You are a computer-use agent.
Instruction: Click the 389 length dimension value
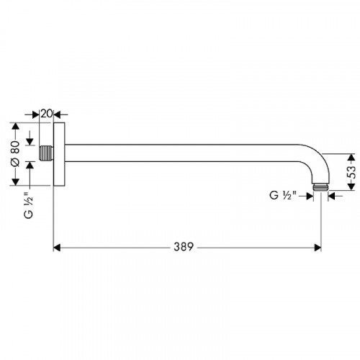coord(184,247)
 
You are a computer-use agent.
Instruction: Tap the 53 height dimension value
coord(352,172)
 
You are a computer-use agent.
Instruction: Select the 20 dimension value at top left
coord(46,114)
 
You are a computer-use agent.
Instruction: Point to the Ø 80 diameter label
coord(15,154)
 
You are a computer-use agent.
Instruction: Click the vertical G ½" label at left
coord(29,205)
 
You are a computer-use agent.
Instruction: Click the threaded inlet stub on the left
coord(46,153)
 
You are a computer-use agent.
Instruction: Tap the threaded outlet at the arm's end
coord(320,187)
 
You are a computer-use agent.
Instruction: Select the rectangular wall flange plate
coord(59,154)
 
